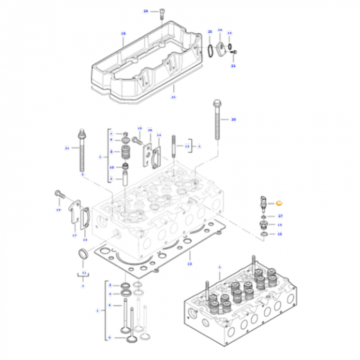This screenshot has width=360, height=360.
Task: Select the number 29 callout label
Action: pyautogui.click(x=145, y=12)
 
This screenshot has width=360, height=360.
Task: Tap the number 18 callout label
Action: pyautogui.click(x=123, y=33)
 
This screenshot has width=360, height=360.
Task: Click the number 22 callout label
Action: pyautogui.click(x=233, y=67)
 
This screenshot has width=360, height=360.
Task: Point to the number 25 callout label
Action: pyautogui.click(x=173, y=97)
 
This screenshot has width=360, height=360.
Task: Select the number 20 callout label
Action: pyautogui.click(x=234, y=120)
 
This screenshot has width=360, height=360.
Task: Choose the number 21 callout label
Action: pyautogui.click(x=67, y=147)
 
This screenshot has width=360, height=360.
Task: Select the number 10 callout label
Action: pyautogui.click(x=112, y=167)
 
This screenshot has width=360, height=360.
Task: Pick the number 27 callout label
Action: pyautogui.click(x=280, y=215)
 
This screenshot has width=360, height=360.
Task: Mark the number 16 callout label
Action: pyautogui.click(x=280, y=234)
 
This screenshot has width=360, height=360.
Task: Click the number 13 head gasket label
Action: pyautogui.click(x=190, y=264)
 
